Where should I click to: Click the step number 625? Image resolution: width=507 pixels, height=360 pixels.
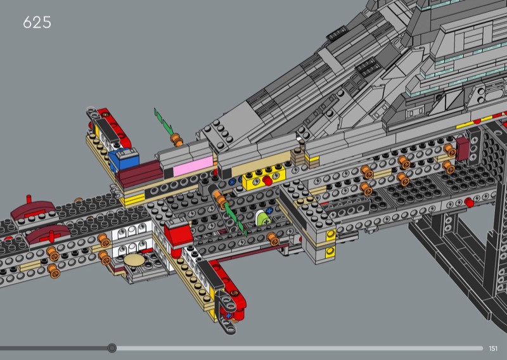pyautogui.click(x=37, y=22)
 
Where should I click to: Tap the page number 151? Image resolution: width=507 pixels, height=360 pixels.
pyautogui.click(x=493, y=349)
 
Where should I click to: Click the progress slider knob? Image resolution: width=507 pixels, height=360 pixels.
pyautogui.click(x=112, y=348)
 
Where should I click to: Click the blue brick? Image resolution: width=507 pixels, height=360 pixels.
pyautogui.click(x=124, y=159)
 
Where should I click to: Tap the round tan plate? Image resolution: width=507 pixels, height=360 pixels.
pyautogui.click(x=134, y=260)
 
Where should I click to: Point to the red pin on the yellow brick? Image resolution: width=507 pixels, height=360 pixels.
pyautogui.click(x=267, y=181)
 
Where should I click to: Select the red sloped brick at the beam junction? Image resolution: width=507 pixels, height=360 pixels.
pyautogui.click(x=178, y=234)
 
